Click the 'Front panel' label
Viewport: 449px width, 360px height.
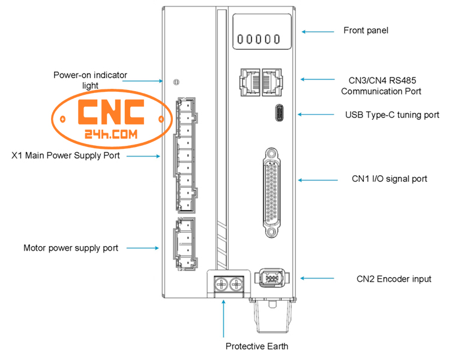(366, 30)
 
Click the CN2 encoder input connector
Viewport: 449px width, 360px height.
(271, 278)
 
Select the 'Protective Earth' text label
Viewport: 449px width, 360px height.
(256, 346)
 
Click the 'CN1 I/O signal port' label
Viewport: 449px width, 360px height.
(389, 179)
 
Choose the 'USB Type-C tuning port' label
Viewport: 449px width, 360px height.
(392, 115)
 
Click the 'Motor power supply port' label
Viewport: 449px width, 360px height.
(70, 248)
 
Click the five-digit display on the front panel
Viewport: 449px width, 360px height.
(259, 39)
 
